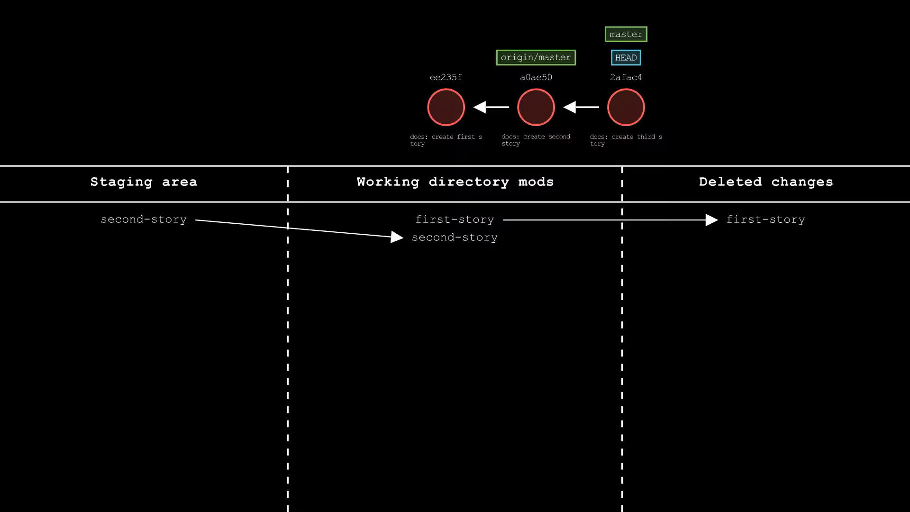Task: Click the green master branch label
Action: pyautogui.click(x=626, y=34)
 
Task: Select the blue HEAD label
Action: pyautogui.click(x=626, y=58)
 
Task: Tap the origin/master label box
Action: pyautogui.click(x=536, y=57)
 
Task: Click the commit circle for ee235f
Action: pyautogui.click(x=446, y=107)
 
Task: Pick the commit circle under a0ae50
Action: pyautogui.click(x=536, y=107)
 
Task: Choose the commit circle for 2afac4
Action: pyautogui.click(x=626, y=107)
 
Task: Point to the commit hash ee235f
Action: pyautogui.click(x=446, y=77)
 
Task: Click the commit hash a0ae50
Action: pyautogui.click(x=536, y=77)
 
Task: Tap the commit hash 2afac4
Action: pyautogui.click(x=626, y=77)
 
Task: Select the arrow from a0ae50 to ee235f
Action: pyautogui.click(x=491, y=107)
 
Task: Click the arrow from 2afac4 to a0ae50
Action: pyautogui.click(x=581, y=107)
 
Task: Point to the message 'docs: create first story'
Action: pyautogui.click(x=446, y=140)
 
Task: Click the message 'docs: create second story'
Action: pyautogui.click(x=536, y=140)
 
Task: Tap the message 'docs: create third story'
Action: pyautogui.click(x=626, y=140)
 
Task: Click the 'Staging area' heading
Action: pyautogui.click(x=144, y=182)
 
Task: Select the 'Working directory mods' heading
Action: pyautogui.click(x=455, y=182)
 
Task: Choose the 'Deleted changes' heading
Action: pyautogui.click(x=766, y=182)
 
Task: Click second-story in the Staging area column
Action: pyautogui.click(x=144, y=219)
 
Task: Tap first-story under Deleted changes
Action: pyautogui.click(x=765, y=219)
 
